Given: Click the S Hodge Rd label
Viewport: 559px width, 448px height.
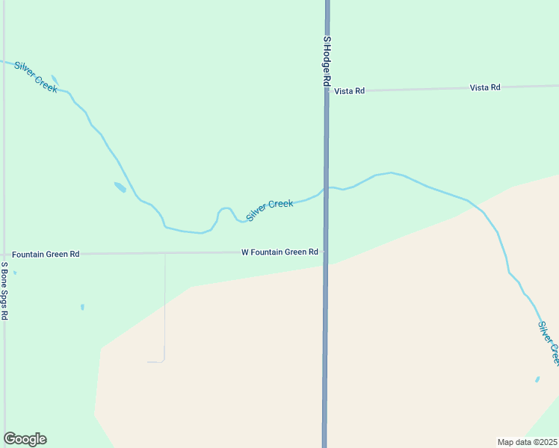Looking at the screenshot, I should coord(327,62).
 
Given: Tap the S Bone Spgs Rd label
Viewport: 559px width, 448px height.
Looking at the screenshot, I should coord(4,291).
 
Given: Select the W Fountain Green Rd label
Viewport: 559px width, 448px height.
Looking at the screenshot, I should coord(280,252).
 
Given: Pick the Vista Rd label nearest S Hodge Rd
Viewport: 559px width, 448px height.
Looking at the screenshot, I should coord(350,91).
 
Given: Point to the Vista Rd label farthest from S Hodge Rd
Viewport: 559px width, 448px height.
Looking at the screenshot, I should coord(485,87).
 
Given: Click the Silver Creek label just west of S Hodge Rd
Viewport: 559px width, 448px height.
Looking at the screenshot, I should coord(270,209).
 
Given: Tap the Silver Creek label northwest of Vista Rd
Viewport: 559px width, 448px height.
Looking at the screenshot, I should coord(35,76).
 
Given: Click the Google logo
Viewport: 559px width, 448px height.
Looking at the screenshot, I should coord(25,439).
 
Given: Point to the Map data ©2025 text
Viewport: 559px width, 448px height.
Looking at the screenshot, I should coord(528,442).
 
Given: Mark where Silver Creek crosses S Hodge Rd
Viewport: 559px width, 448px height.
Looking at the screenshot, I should coord(327,187).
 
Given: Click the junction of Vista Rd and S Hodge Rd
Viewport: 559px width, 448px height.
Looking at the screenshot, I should coord(327,91).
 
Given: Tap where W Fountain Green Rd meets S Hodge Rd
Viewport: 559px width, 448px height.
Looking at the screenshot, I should coord(326,252).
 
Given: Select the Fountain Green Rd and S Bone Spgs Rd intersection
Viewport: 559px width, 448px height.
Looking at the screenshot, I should coord(4,255).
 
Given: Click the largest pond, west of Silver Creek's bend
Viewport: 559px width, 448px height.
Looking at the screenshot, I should coord(120,187).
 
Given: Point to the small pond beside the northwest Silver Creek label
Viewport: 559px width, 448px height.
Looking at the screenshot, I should coord(53,79).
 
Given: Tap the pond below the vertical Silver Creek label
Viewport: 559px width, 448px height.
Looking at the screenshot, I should coord(537,379).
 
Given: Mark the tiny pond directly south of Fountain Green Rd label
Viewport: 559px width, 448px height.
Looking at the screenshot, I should coord(82,307).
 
